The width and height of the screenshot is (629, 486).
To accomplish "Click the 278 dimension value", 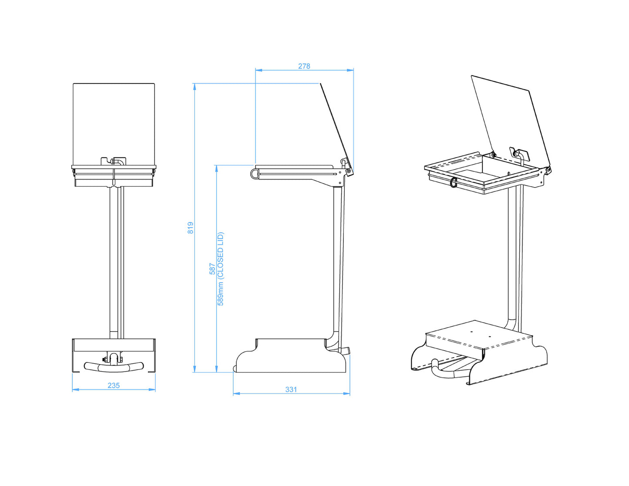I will coord(304,66).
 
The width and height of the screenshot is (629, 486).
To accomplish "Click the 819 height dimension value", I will coord(191,228).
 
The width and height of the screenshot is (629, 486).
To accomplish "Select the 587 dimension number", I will coord(212,268).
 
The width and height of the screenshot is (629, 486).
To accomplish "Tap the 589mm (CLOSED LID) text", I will coord(220,269).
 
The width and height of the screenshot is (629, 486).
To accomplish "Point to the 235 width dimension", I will coord(114,385).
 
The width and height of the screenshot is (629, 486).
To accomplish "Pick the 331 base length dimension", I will coord(291,389).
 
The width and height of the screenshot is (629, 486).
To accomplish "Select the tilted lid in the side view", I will coord(336,124).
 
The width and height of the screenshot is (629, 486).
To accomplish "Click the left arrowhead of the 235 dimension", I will coord(74,390).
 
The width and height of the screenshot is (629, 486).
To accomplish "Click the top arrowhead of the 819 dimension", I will coord(195,86).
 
